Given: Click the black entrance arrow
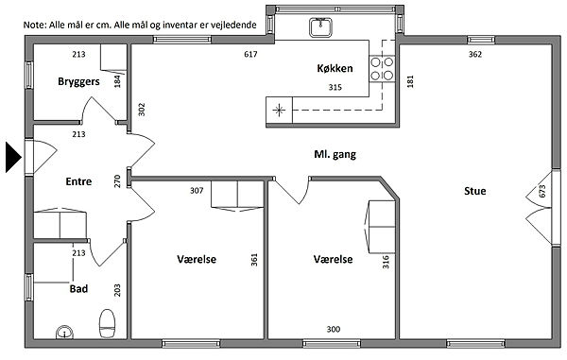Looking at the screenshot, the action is point(13,157).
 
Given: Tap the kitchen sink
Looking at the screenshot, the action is point(320,27).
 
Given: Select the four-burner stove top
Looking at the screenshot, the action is point(382,69).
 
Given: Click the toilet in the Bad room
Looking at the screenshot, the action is point(108,322).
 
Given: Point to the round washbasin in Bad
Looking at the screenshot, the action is point(64,333).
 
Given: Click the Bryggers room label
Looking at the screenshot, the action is point(78,81).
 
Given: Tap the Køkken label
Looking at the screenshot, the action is point(335,68).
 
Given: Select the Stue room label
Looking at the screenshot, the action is point(474,191).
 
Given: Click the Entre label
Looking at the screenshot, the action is point(78,181).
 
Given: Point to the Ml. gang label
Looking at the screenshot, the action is point(335,155).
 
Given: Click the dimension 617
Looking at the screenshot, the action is point(250,54).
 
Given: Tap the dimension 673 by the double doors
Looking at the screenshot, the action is point(542,191).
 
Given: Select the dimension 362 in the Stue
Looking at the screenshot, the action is point(475,54).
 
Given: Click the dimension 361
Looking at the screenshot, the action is point(254,260).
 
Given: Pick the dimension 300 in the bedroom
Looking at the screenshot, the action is point(333,329).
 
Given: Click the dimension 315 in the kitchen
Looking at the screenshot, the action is point(335,87).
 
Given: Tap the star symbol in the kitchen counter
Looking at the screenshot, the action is point(279,111).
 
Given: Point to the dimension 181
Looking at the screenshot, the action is point(410,81).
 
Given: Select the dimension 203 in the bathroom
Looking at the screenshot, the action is point(117,290).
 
